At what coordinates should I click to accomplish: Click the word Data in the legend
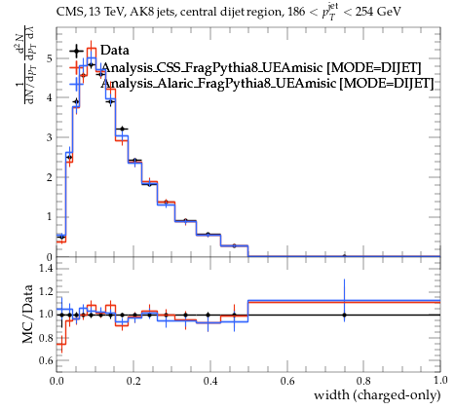115,51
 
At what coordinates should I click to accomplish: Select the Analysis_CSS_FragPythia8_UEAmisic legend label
211,67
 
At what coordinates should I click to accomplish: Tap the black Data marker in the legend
77,51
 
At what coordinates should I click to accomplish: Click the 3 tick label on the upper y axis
49,137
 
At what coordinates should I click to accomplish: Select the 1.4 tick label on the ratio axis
46,268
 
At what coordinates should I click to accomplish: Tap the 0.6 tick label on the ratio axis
46,360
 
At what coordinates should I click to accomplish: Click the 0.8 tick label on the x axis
363,380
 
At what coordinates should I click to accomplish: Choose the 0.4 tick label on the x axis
210,380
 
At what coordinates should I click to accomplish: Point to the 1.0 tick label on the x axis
440,380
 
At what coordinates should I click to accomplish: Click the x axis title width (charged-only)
377,395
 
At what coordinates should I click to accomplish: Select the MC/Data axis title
28,314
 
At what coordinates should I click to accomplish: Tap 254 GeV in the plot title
378,12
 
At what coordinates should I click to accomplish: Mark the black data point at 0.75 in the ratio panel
344,315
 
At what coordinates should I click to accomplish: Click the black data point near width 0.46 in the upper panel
234,245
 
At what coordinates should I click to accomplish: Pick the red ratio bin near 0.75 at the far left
61,344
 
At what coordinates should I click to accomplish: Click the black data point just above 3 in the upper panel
122,129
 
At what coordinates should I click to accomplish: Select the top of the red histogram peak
92,49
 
